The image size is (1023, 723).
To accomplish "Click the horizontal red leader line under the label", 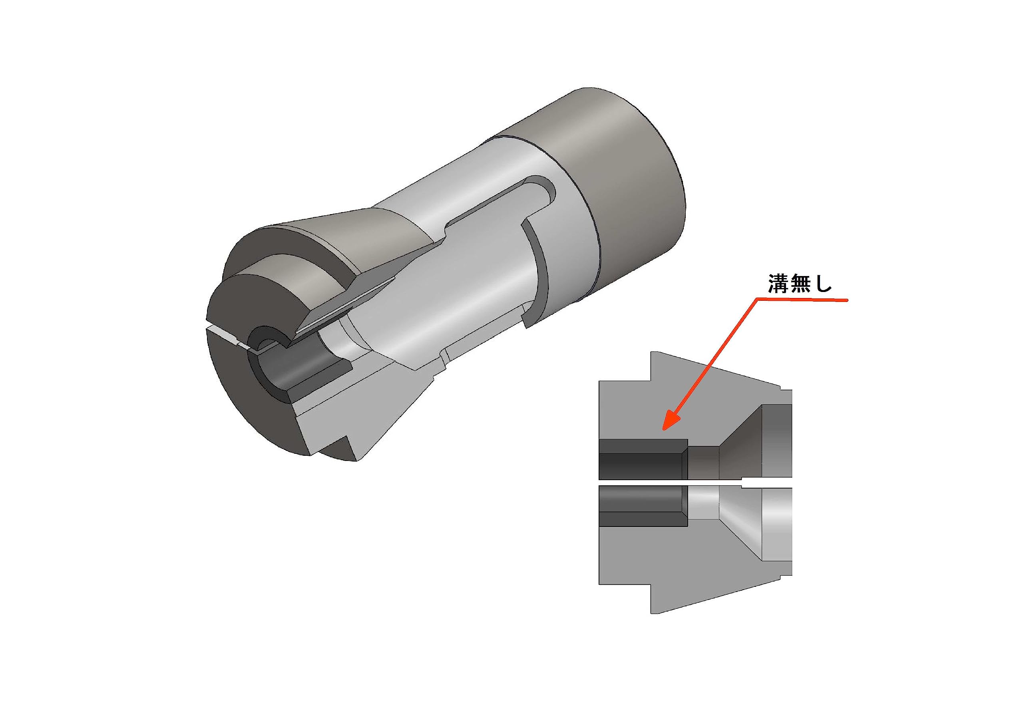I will click(802, 301).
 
